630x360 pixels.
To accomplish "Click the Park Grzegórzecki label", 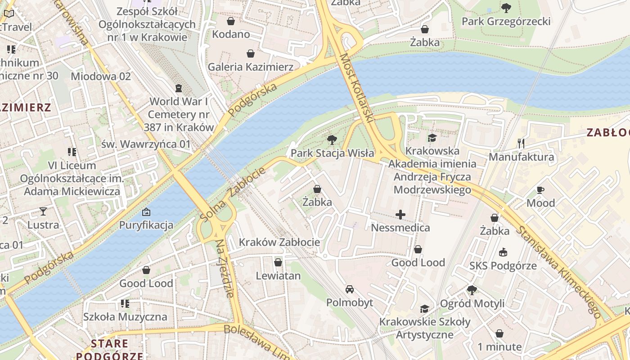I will (x=506, y=21).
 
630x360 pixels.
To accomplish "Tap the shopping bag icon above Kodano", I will (x=231, y=21).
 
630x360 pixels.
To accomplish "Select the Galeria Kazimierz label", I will (x=251, y=67).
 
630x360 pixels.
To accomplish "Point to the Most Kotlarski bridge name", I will (x=357, y=88).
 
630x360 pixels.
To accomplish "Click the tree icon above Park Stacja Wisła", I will (x=332, y=140).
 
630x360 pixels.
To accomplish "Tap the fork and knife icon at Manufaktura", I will (x=521, y=144).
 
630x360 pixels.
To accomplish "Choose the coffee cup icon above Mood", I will (x=540, y=190).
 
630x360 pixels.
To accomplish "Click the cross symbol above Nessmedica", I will (x=400, y=215).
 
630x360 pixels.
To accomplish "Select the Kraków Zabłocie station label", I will (x=279, y=242).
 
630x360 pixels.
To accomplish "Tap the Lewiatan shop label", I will (x=278, y=275).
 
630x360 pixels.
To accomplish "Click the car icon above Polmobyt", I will (x=350, y=289).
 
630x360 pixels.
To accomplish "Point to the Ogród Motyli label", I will (x=472, y=303).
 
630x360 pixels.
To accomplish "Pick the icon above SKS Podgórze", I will (x=503, y=252).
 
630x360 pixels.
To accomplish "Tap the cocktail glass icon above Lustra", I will (x=43, y=211).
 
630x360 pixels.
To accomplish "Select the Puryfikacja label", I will (x=146, y=225).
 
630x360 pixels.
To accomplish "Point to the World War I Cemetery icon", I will (x=179, y=88).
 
